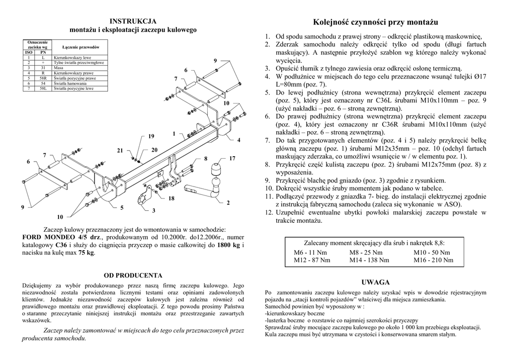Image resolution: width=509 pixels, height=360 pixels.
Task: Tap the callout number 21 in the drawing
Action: point(120,150)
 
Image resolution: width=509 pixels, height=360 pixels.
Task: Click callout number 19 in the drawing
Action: point(151,136)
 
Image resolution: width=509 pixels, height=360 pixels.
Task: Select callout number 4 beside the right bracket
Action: point(239,140)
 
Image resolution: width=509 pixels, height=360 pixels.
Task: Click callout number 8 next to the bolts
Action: point(205,159)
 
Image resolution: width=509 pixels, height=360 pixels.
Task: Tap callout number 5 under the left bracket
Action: point(122,207)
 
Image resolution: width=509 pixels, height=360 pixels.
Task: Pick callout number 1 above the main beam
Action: point(174,133)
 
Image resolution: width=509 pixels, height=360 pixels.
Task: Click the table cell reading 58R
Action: point(43,79)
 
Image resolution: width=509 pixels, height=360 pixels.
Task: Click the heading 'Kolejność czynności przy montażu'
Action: point(376,22)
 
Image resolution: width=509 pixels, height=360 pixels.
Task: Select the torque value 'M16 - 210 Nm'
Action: point(433,260)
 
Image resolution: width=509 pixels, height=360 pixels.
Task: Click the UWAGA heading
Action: point(376,282)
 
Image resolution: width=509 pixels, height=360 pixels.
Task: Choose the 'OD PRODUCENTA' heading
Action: point(133,275)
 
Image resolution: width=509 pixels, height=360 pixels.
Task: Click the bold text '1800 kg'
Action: point(229,245)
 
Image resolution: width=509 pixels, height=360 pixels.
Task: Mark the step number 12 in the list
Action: point(267,212)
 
